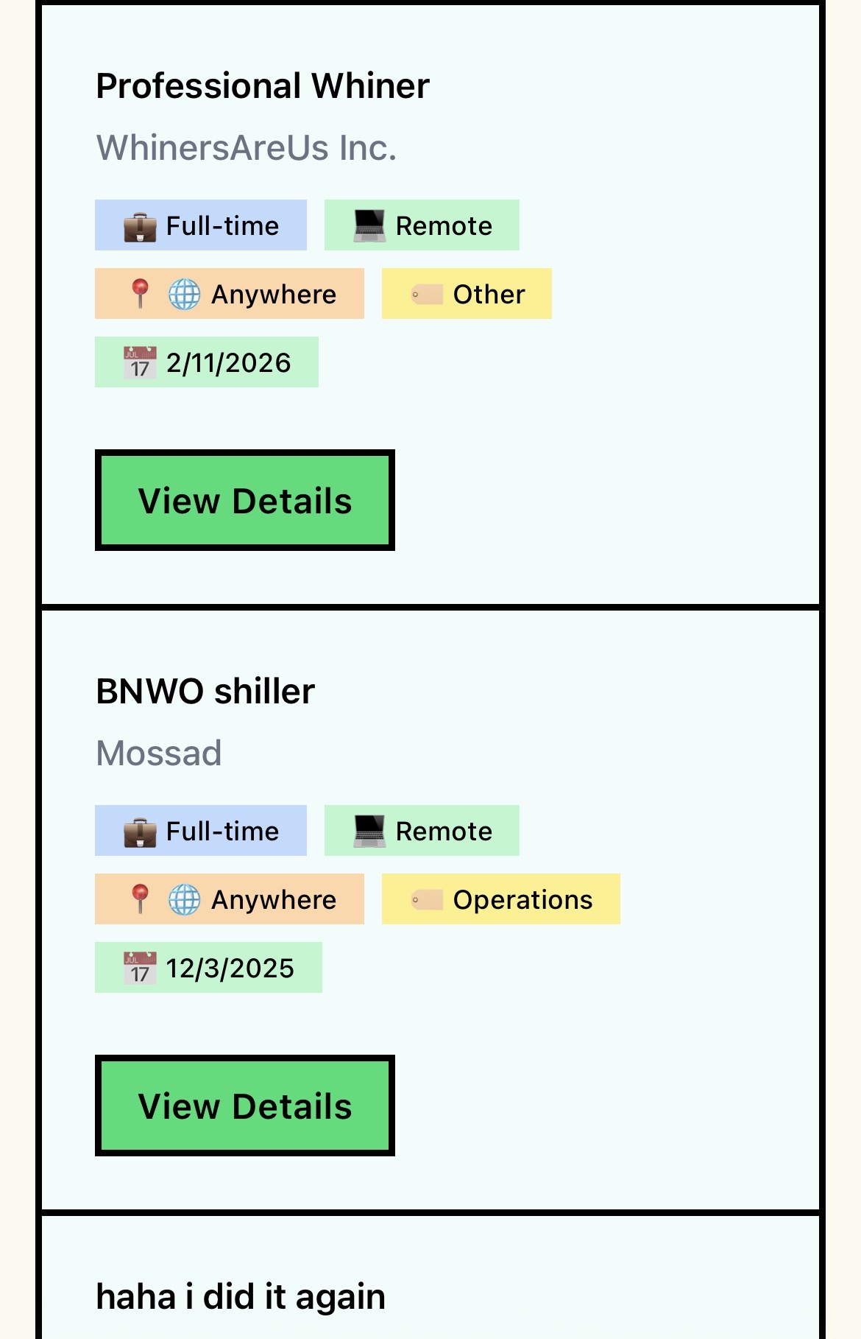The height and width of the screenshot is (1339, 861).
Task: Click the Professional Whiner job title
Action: tap(263, 86)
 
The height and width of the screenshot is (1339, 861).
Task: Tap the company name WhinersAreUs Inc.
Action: tap(247, 148)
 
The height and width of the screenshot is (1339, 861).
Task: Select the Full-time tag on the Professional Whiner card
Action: tap(201, 225)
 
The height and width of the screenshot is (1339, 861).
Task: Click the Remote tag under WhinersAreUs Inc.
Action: tap(422, 225)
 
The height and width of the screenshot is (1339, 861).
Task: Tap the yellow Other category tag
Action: tap(467, 294)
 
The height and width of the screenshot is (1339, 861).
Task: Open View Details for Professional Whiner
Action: tap(245, 500)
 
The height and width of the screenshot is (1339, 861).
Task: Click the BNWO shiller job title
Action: tap(205, 692)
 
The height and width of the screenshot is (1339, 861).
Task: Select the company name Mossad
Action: tap(159, 753)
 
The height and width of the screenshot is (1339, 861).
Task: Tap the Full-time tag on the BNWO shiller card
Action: tap(201, 831)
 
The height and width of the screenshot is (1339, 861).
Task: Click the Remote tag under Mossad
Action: tap(422, 831)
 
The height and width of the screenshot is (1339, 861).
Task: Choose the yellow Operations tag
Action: tap(501, 899)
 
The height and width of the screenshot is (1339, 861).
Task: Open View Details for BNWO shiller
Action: tap(245, 1106)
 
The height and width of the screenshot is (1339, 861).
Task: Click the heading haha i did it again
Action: tap(241, 1297)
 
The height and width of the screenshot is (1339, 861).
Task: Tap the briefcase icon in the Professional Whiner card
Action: tap(140, 226)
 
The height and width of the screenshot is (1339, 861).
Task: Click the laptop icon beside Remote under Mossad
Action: tap(369, 831)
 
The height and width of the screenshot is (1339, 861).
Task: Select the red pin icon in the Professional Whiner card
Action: tap(140, 294)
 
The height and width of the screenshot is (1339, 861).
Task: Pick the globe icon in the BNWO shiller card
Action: tap(184, 899)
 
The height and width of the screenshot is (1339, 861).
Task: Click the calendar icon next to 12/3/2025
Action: tap(140, 968)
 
